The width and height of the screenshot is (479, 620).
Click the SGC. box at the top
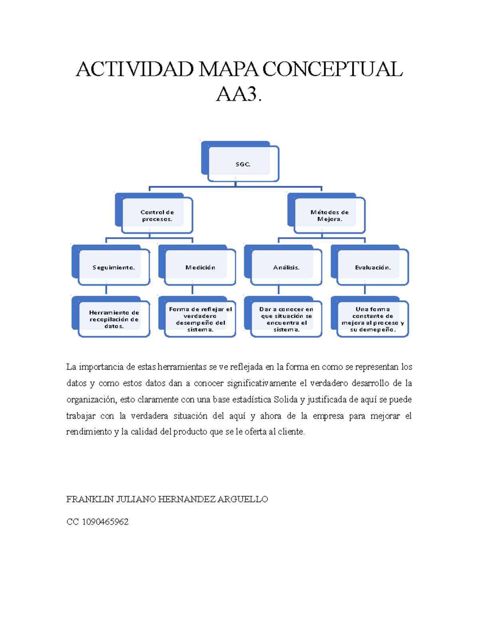click(243, 164)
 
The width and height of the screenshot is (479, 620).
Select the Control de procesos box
click(157, 216)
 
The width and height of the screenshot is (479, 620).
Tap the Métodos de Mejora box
click(329, 216)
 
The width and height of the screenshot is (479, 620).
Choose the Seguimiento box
click(114, 267)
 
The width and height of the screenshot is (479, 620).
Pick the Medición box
click(200, 267)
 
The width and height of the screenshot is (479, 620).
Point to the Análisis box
click(286, 267)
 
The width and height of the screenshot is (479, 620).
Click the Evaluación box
click(373, 267)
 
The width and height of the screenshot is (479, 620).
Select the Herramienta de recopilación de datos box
click(114, 319)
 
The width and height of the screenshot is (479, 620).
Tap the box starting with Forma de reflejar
click(200, 319)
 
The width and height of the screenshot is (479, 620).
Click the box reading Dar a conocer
click(286, 319)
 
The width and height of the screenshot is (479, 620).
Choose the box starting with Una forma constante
click(373, 319)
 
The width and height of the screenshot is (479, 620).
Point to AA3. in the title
click(239, 95)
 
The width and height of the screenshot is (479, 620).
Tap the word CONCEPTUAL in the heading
click(333, 69)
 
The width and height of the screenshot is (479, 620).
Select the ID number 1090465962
click(105, 522)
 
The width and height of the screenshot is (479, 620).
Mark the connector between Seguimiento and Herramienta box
click(106, 290)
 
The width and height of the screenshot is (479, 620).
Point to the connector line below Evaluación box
click(365, 290)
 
